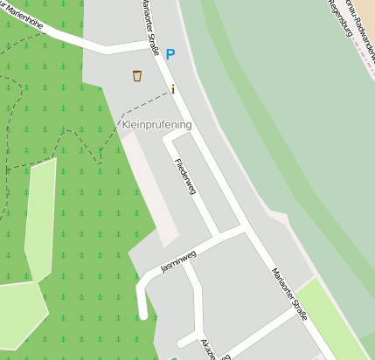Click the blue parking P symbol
(170, 54)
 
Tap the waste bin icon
(137, 76)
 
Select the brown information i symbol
(173, 88)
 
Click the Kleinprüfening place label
(155, 125)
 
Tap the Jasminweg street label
(179, 260)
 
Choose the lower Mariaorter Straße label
(289, 294)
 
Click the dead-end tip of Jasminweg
(142, 315)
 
